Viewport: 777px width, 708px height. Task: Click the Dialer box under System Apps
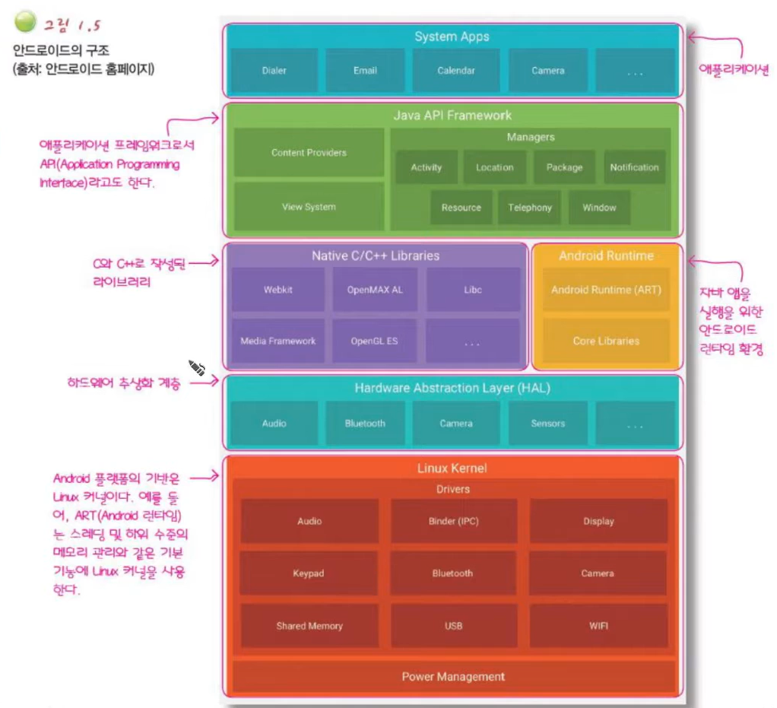(x=274, y=71)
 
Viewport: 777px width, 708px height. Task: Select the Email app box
(x=365, y=71)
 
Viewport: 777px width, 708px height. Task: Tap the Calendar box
(x=456, y=71)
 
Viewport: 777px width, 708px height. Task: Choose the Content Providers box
(x=309, y=153)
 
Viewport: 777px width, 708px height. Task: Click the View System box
(x=309, y=207)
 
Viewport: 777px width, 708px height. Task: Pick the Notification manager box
(x=634, y=167)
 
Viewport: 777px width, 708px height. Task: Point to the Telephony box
(x=530, y=208)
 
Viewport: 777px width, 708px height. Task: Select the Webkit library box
(x=277, y=290)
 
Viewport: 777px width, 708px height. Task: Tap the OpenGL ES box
(x=374, y=341)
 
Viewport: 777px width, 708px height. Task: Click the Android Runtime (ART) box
(x=606, y=290)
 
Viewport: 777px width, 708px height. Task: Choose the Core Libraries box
(x=606, y=341)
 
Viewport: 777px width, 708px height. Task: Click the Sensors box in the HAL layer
(x=547, y=424)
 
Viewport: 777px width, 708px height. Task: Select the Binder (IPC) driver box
(x=453, y=522)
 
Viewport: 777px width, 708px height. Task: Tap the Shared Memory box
(x=309, y=626)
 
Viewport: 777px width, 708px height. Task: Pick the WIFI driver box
(x=598, y=626)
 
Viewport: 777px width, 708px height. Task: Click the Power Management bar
(x=453, y=676)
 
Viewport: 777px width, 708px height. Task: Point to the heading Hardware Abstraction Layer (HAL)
(x=452, y=388)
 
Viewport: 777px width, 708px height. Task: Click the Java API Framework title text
(x=452, y=116)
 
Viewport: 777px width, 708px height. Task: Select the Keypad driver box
(x=309, y=573)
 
